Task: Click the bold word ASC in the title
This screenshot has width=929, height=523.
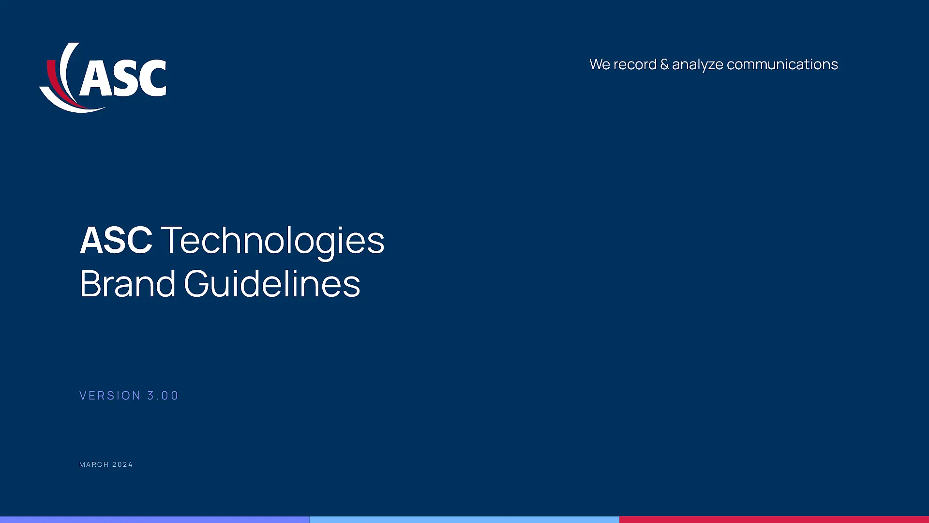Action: (x=116, y=240)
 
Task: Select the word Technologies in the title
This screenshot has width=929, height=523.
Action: (x=272, y=240)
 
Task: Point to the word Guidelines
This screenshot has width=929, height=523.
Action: (x=272, y=283)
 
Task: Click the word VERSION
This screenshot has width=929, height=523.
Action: (x=110, y=396)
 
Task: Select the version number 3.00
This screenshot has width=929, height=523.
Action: (x=163, y=396)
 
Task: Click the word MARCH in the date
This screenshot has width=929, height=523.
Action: (x=94, y=464)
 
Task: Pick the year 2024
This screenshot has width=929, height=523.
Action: (x=122, y=464)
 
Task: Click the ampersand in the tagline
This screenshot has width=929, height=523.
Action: (x=664, y=64)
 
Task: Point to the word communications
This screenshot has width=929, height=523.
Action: (x=782, y=64)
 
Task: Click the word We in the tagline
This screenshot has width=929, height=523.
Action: (x=599, y=64)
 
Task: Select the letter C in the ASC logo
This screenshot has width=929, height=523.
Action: (x=151, y=77)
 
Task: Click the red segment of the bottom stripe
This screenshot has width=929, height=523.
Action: (x=774, y=520)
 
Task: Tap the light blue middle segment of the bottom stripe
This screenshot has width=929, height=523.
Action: (x=464, y=520)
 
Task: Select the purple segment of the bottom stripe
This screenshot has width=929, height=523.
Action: (x=155, y=520)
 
